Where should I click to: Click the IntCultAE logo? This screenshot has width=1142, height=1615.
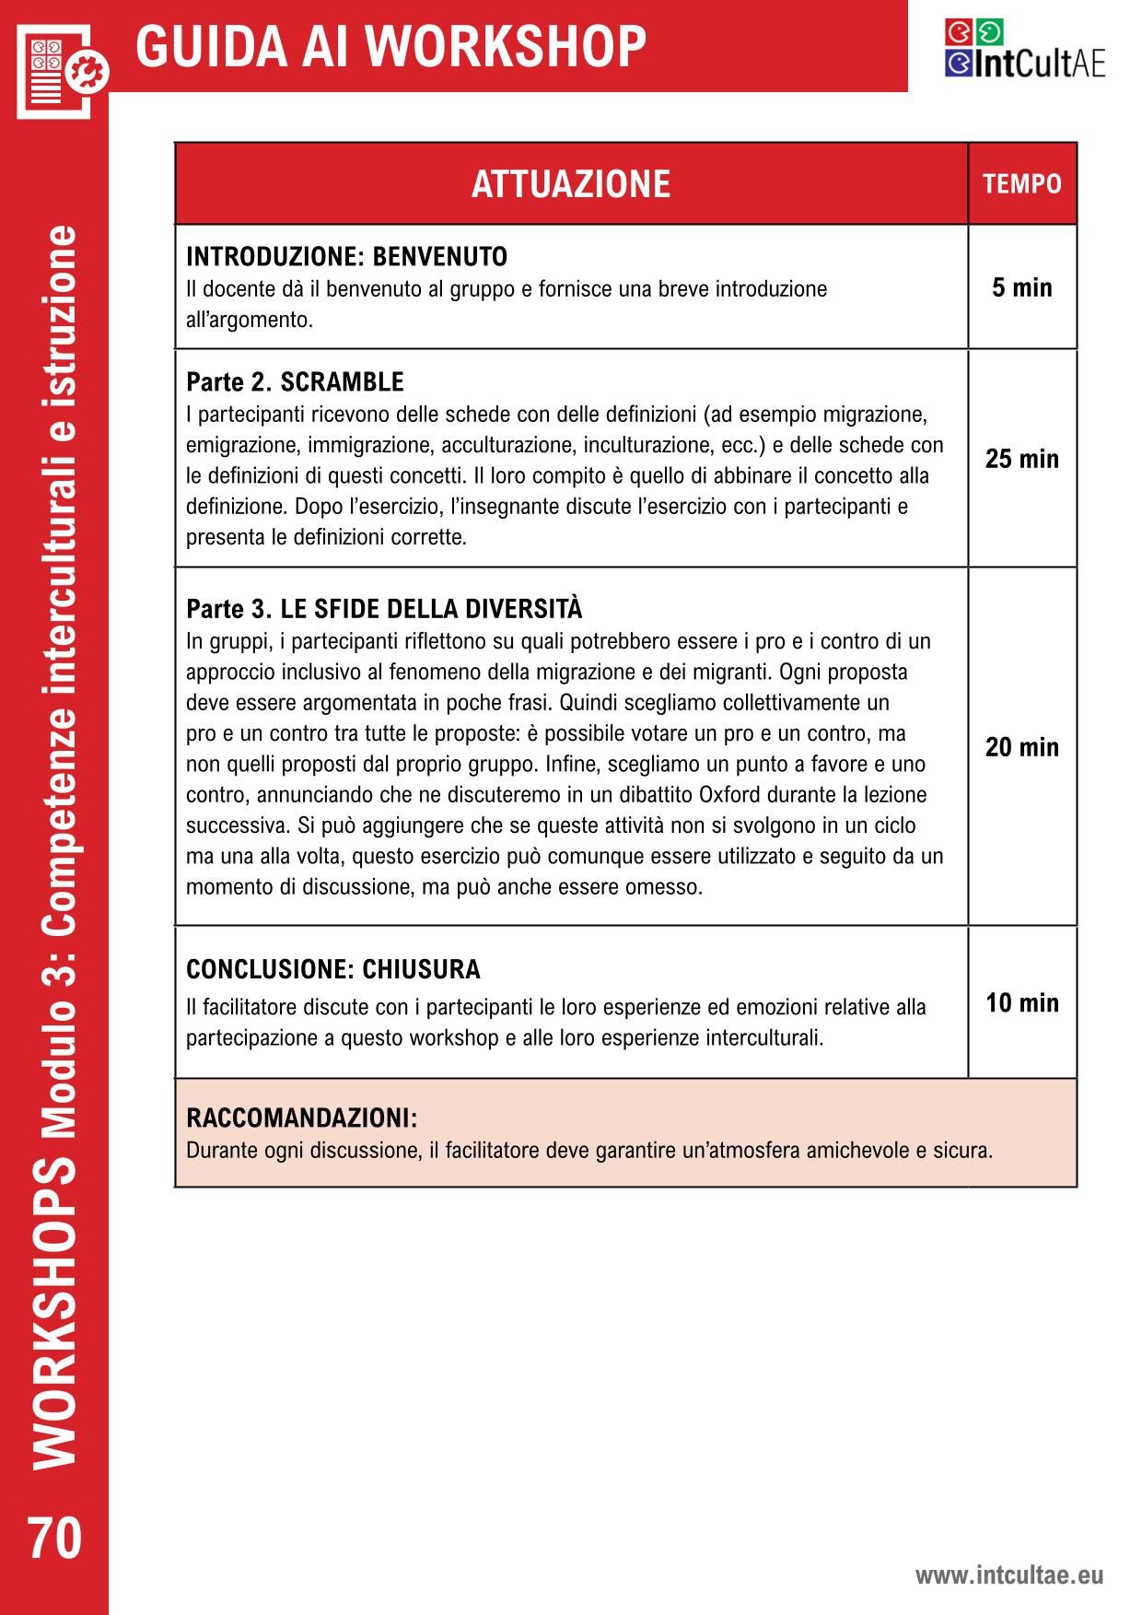click(x=1024, y=49)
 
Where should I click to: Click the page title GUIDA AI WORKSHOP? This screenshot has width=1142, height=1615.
click(x=390, y=46)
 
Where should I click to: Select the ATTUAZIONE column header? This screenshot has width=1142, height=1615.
click(x=571, y=183)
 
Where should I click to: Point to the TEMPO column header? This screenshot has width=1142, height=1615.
click(x=1022, y=184)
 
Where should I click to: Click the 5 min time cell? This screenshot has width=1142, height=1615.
click(x=1022, y=287)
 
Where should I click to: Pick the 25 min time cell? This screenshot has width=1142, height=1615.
click(x=1022, y=459)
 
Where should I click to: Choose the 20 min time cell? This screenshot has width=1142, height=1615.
click(x=1022, y=747)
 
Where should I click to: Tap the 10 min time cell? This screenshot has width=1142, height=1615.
click(x=1022, y=1002)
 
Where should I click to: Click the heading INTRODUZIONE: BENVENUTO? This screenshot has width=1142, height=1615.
click(x=346, y=256)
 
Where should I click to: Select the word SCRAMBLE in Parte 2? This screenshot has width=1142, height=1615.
click(x=342, y=381)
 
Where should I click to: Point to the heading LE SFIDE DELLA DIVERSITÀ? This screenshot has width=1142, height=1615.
click(x=431, y=610)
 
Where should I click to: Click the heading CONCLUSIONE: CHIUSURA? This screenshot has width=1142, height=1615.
click(x=333, y=969)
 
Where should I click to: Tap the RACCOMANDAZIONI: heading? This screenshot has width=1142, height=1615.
click(x=302, y=1118)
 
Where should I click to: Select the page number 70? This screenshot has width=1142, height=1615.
click(x=54, y=1538)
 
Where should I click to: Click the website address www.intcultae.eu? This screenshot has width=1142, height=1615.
click(x=1008, y=1575)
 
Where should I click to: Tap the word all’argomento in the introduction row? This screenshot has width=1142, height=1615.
click(x=250, y=321)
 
